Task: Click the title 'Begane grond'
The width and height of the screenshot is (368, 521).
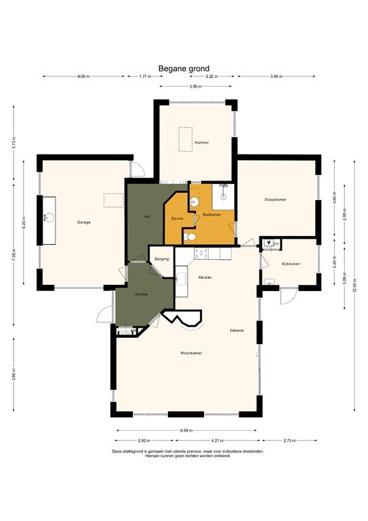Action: [x=184, y=68]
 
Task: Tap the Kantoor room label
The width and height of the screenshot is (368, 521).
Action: [x=201, y=142]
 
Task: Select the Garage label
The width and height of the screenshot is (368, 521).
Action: [x=83, y=222]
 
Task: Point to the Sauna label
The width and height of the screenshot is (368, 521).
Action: [x=177, y=218]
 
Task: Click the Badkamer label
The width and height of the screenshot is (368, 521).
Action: [x=212, y=215]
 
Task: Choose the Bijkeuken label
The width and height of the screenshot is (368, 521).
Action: [x=291, y=263]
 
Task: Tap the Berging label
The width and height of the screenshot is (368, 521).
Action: [x=161, y=259]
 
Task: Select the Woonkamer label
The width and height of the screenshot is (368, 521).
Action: [x=191, y=353]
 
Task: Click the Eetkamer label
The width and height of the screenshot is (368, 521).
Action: [x=237, y=330]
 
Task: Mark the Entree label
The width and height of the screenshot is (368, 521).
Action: [x=142, y=294]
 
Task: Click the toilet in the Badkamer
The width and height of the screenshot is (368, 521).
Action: [x=192, y=237]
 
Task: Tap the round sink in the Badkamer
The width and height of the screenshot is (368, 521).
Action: [x=194, y=201]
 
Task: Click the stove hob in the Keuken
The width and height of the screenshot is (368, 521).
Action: [x=201, y=253]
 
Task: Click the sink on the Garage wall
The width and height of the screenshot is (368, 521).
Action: [x=47, y=218]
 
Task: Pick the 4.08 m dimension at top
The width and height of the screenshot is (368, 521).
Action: [x=83, y=77]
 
